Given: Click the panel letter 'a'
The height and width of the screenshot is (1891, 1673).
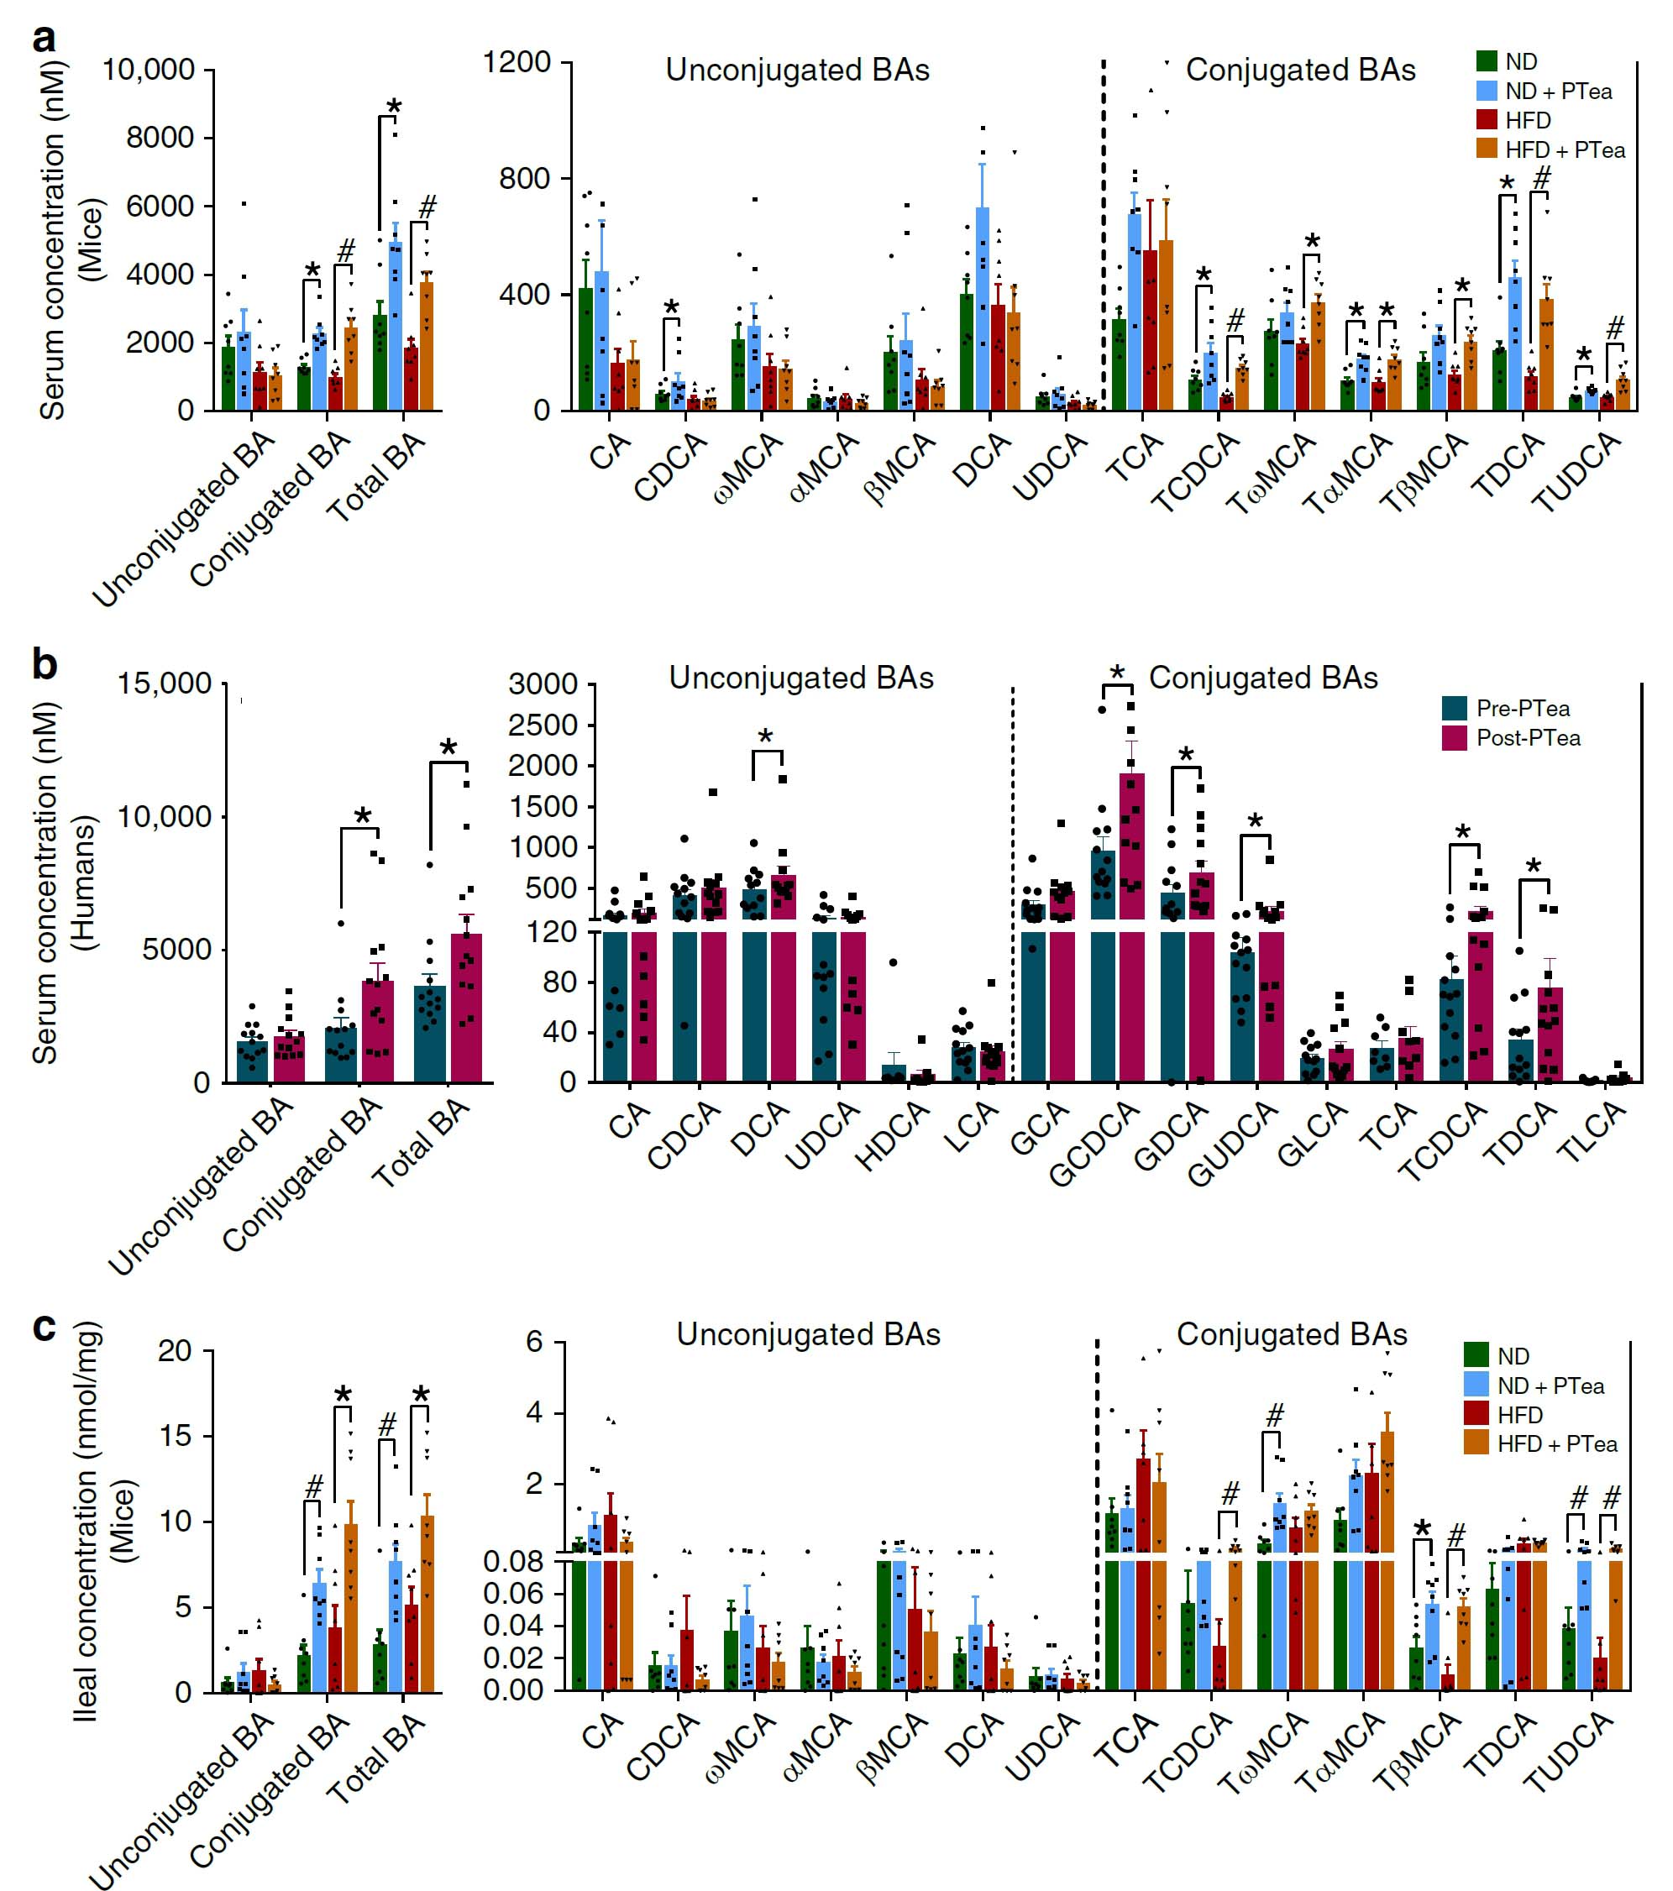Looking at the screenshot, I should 44,39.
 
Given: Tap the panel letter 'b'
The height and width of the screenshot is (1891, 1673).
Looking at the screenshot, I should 45,664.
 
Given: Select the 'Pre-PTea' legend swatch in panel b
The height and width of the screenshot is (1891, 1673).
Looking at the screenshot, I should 1455,709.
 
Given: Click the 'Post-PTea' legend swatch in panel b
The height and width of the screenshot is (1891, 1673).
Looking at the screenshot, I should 1455,738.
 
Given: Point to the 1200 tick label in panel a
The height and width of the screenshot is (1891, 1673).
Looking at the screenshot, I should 517,63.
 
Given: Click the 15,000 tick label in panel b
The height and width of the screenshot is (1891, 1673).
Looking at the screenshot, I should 164,684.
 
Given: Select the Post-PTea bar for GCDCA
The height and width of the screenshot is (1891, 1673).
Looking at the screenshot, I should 1131,925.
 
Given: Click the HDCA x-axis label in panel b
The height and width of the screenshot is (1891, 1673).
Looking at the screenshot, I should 892,1137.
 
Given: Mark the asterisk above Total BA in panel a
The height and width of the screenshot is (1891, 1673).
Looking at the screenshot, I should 394,107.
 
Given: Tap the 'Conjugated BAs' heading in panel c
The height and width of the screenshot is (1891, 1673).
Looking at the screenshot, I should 1291,1334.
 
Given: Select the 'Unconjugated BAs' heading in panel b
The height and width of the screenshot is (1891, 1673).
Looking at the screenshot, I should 801,678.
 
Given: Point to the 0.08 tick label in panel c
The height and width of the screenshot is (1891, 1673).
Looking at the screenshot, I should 513,1563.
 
